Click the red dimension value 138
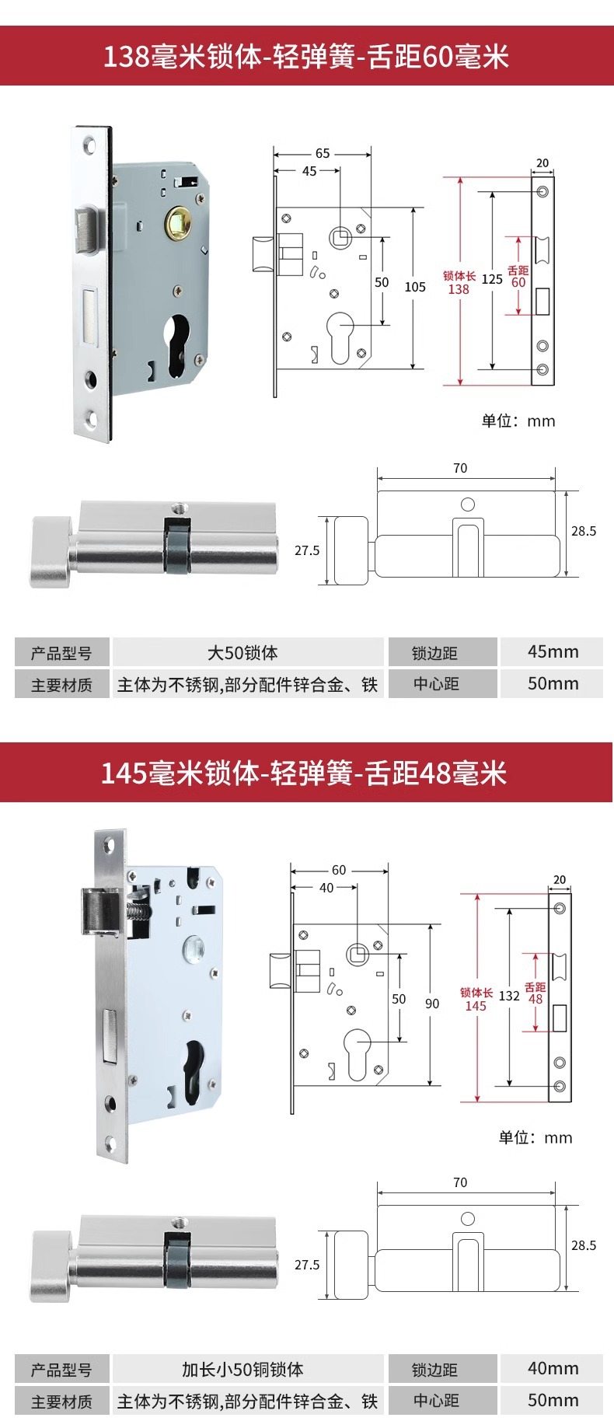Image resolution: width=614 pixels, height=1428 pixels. pos(459,289)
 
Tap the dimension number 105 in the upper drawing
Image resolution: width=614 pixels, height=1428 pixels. pos(415,287)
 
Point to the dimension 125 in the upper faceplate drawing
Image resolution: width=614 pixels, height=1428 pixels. pos(492,279)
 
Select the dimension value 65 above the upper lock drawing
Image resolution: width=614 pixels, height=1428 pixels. pos(323,153)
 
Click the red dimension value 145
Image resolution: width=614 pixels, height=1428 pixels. pos(476,1006)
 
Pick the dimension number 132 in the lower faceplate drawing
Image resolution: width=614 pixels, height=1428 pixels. pos(509,996)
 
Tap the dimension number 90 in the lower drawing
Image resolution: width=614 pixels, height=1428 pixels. pos(432,1004)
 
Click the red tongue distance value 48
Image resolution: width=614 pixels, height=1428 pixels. pos(536,999)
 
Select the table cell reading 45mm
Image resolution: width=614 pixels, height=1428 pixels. pos(553,651)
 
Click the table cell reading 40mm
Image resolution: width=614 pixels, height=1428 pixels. pos(553,1368)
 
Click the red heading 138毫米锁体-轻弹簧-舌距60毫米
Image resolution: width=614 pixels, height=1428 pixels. pos(306,57)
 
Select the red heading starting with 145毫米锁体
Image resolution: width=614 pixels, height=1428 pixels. pos(303,773)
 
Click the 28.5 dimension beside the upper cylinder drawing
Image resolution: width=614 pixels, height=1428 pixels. pos(584,531)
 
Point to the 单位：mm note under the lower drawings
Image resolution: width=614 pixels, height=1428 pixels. pos(535,1137)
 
